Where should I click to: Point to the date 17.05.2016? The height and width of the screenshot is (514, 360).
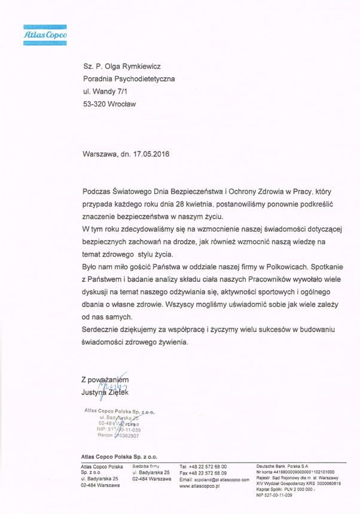[152, 153]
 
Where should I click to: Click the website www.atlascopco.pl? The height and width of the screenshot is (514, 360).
[200, 487]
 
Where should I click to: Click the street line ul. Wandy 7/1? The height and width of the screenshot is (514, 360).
[105, 92]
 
